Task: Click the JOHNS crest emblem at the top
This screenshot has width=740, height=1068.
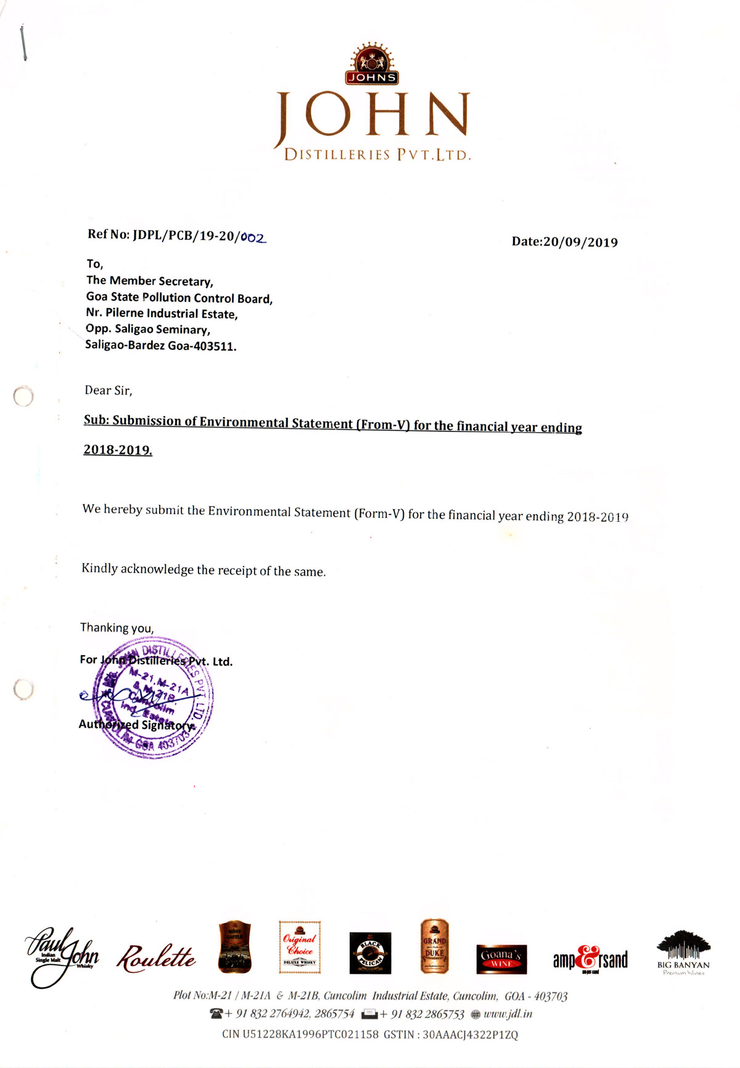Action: pyautogui.click(x=372, y=64)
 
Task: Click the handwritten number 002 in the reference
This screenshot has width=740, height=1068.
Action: pyautogui.click(x=253, y=237)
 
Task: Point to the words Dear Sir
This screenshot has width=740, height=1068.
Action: pyautogui.click(x=108, y=390)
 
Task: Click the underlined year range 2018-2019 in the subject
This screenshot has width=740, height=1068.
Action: pyautogui.click(x=117, y=450)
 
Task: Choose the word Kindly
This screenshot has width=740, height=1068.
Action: pyautogui.click(x=99, y=568)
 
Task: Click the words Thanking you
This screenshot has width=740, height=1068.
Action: pyautogui.click(x=117, y=628)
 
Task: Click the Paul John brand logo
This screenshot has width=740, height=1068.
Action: pyautogui.click(x=62, y=955)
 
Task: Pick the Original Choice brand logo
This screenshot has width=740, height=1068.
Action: pyautogui.click(x=300, y=947)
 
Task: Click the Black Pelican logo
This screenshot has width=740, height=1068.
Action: pyautogui.click(x=370, y=953)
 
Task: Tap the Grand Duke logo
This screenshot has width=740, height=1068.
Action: pyautogui.click(x=434, y=946)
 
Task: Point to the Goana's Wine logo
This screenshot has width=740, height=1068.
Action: pyautogui.click(x=501, y=959)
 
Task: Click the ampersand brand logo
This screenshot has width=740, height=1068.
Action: pyautogui.click(x=590, y=959)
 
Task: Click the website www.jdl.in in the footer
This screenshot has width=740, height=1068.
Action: pyautogui.click(x=508, y=1014)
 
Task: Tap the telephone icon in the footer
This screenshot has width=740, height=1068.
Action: pyautogui.click(x=216, y=1014)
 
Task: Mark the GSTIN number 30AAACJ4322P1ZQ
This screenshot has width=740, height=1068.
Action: pyautogui.click(x=470, y=1035)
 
